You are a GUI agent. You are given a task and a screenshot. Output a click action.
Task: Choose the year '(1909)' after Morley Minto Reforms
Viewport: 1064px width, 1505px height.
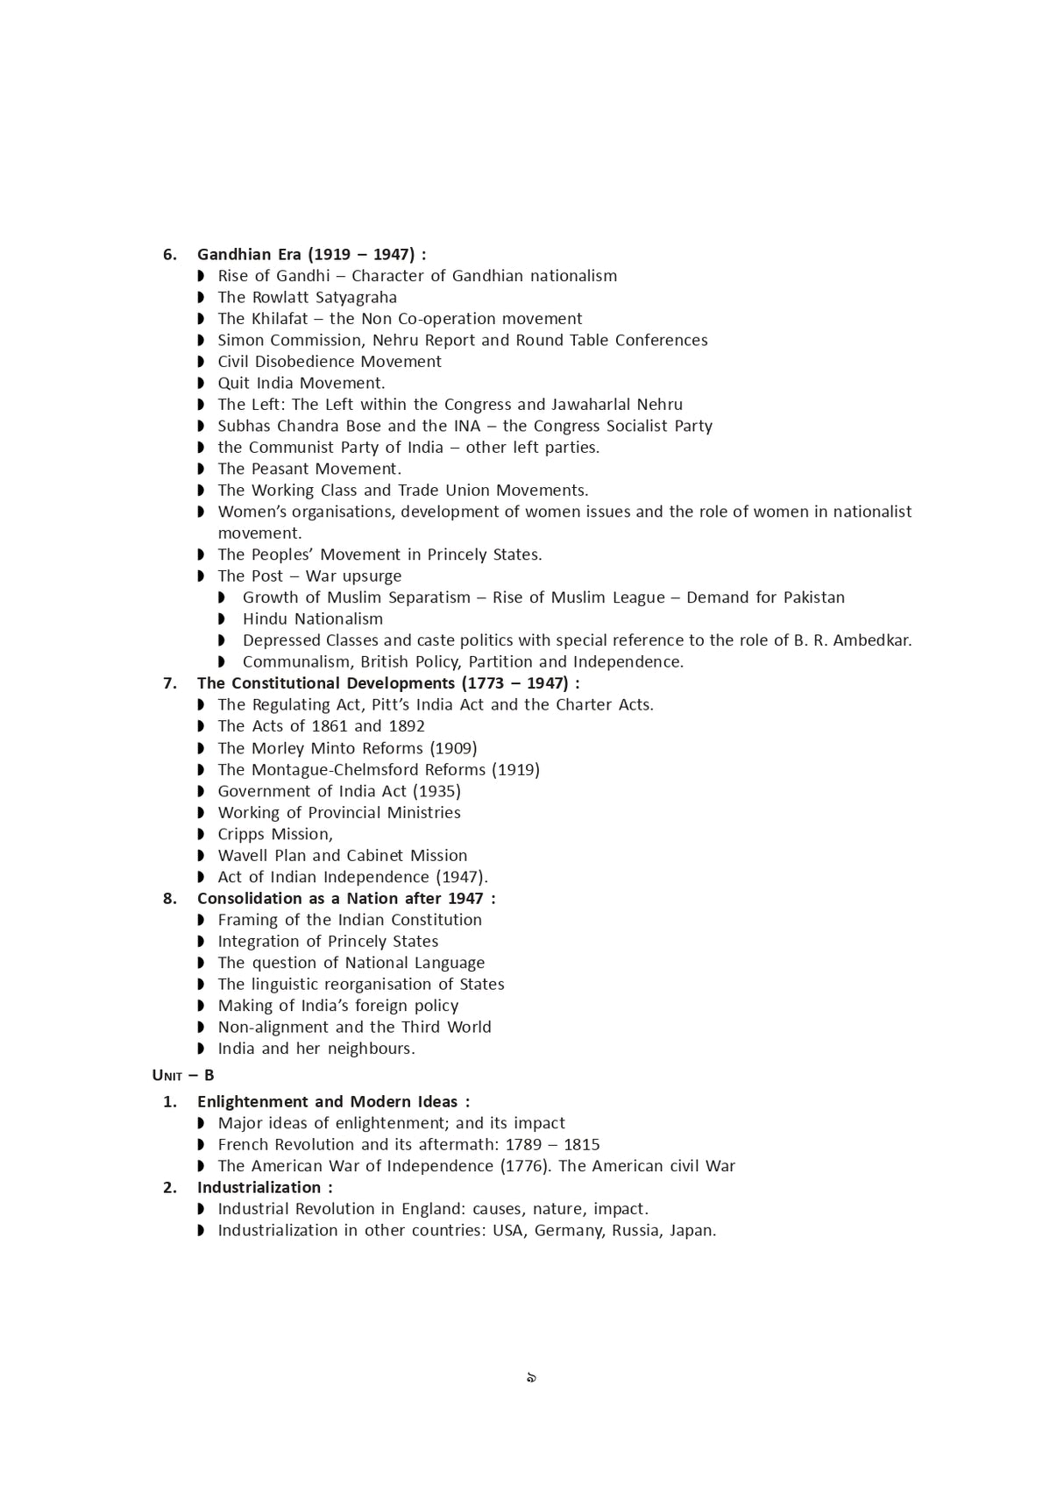tap(453, 748)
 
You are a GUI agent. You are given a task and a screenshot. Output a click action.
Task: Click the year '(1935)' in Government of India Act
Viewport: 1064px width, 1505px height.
tap(436, 791)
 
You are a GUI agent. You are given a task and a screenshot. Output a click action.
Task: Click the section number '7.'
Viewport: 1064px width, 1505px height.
tap(170, 683)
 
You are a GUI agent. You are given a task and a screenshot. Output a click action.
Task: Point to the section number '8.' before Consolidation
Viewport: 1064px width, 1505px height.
tap(170, 899)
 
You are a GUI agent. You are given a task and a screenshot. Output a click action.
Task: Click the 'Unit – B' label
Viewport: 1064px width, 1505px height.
tap(183, 1076)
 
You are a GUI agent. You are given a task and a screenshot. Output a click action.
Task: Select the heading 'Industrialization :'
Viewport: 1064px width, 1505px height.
tap(265, 1188)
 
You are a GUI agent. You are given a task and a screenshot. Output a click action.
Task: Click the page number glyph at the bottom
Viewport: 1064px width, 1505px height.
tap(531, 1378)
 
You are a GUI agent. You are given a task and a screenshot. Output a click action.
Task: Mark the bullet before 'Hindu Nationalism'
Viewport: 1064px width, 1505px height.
tap(222, 619)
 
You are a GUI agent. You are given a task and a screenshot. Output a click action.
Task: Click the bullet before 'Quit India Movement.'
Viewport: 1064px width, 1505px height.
tap(201, 384)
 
